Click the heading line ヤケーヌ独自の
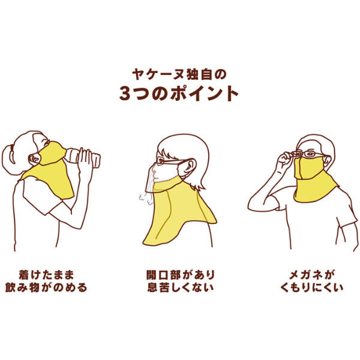(179, 74)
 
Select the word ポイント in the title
(204, 94)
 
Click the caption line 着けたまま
(46, 275)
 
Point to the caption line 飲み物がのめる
(46, 287)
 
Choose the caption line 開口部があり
(181, 275)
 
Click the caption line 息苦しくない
(181, 287)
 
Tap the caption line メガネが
(312, 275)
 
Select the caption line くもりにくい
(312, 287)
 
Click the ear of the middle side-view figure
(191, 166)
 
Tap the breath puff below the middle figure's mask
(145, 199)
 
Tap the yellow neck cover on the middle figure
(179, 214)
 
